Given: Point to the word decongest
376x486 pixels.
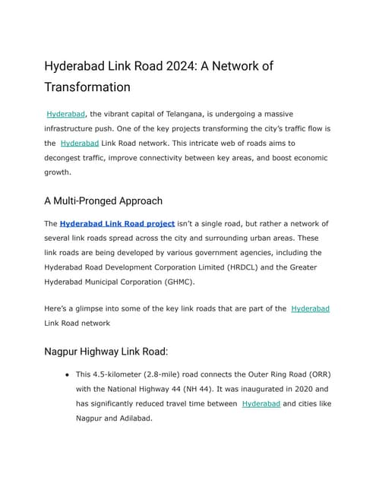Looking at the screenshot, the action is (69, 157).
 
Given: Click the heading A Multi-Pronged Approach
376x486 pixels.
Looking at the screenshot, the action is (103, 201).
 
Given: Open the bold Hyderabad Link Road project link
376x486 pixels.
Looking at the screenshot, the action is (117, 223).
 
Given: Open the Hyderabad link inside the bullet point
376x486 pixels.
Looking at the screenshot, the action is (261, 403).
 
